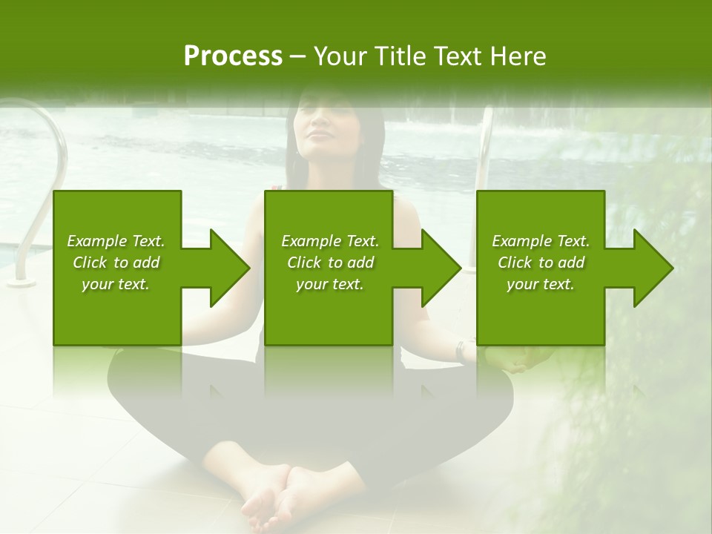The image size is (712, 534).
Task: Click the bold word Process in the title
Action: tap(233, 56)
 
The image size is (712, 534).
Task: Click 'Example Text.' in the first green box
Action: tap(116, 241)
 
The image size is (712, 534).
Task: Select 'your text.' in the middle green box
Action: tap(329, 284)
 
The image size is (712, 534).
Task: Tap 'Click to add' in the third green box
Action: tap(541, 263)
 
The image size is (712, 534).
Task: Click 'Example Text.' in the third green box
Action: tap(541, 241)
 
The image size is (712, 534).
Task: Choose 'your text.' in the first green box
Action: tap(116, 284)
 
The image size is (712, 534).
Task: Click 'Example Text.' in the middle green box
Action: tap(329, 241)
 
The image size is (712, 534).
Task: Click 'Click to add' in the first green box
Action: tap(116, 263)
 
